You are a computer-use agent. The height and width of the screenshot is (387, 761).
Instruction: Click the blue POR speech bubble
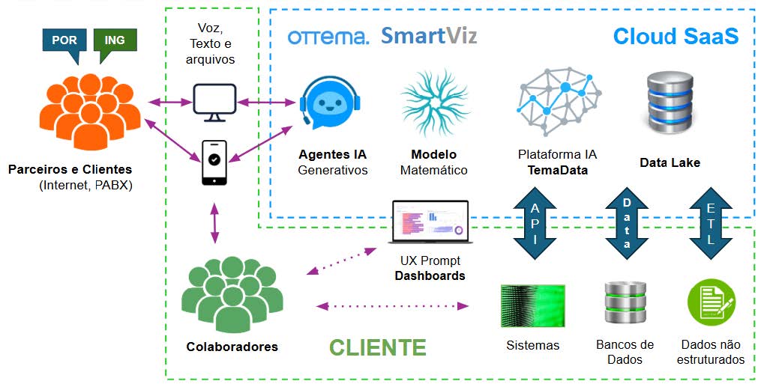click(x=64, y=40)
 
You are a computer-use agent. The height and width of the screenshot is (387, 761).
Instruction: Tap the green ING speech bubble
click(x=115, y=40)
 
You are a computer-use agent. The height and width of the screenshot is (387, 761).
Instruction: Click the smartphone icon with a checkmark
click(x=214, y=162)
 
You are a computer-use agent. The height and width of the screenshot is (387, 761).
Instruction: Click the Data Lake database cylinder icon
click(x=670, y=104)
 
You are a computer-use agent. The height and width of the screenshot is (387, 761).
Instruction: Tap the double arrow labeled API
click(x=534, y=222)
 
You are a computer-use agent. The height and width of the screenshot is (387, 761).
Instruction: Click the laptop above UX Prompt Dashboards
click(x=430, y=222)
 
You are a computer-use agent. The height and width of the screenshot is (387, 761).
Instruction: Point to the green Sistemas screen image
click(x=533, y=305)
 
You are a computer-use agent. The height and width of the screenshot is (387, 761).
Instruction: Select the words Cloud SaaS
click(x=676, y=36)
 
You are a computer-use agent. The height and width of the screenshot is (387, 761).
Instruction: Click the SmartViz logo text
click(x=428, y=36)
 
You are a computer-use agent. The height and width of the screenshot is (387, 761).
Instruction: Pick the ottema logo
click(x=328, y=37)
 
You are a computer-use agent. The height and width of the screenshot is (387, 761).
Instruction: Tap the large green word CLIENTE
click(x=378, y=347)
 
